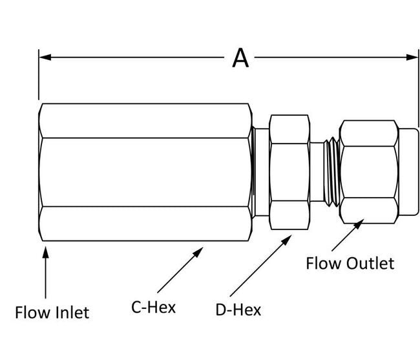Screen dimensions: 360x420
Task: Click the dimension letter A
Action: click(x=240, y=58)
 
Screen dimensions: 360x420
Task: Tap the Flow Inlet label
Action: click(x=52, y=312)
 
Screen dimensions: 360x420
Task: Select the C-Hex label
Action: click(x=154, y=306)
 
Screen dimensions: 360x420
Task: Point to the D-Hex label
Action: click(x=238, y=310)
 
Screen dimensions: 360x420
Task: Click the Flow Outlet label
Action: click(x=350, y=264)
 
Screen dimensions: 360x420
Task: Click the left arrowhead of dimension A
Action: click(x=45, y=57)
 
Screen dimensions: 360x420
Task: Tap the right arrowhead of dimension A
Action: click(x=413, y=57)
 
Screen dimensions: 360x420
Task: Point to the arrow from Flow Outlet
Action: click(x=346, y=235)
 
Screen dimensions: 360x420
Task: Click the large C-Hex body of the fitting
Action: click(x=145, y=171)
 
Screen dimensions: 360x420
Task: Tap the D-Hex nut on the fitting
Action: click(x=289, y=171)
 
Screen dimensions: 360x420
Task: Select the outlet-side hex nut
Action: click(x=368, y=171)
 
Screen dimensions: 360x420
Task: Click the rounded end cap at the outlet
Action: click(x=409, y=171)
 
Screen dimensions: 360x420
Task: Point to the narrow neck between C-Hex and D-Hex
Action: click(x=260, y=171)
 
